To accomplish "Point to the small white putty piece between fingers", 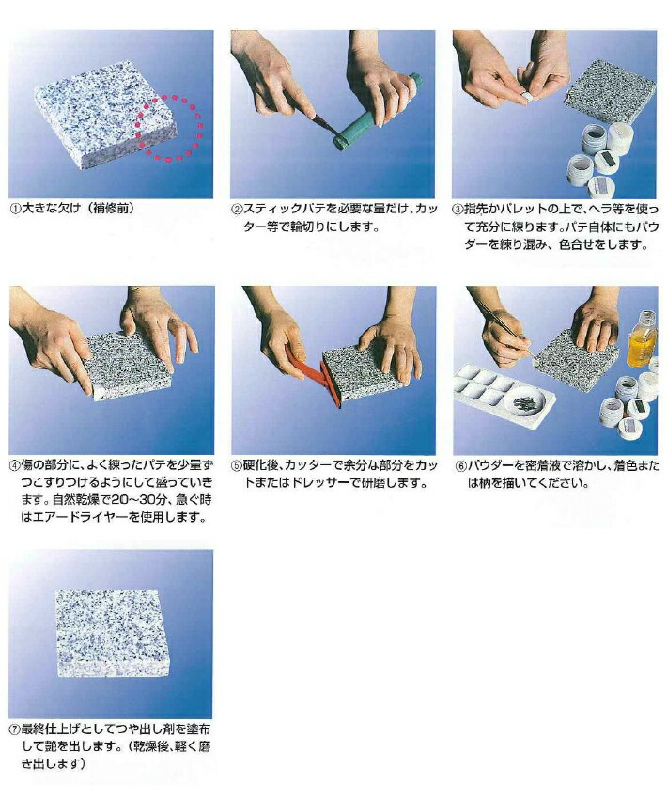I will pos(527,95).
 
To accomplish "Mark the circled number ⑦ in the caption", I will pos(14,729).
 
